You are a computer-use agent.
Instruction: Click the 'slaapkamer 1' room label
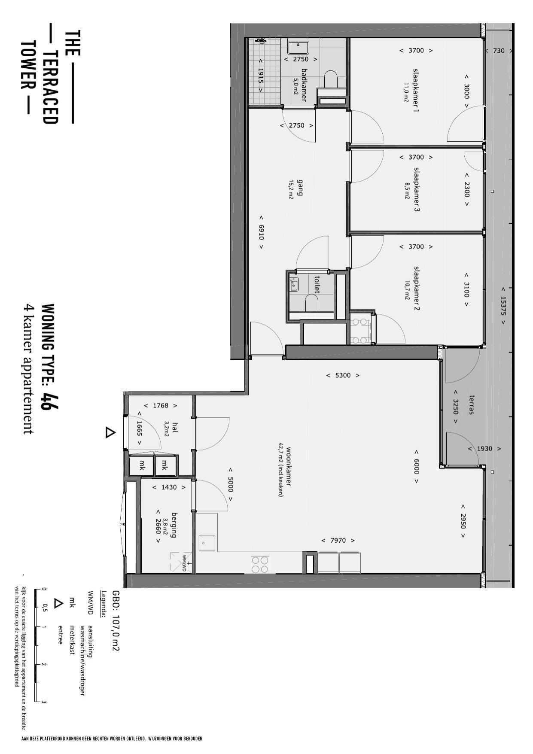click(416, 90)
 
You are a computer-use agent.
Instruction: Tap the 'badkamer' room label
click(304, 85)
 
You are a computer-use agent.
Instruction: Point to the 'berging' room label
click(174, 525)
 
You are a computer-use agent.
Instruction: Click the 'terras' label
click(472, 404)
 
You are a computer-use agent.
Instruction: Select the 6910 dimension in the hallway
click(261, 232)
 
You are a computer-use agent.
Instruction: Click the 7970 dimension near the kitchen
click(338, 540)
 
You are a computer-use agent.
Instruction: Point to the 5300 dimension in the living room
click(342, 375)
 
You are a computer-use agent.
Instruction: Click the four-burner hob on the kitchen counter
click(260, 564)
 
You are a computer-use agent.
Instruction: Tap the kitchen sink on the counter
click(207, 543)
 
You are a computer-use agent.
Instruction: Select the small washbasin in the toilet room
click(294, 284)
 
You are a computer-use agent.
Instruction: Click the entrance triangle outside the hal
click(110, 432)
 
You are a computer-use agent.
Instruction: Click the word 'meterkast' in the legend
click(72, 639)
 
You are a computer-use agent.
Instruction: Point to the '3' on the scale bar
click(44, 702)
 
